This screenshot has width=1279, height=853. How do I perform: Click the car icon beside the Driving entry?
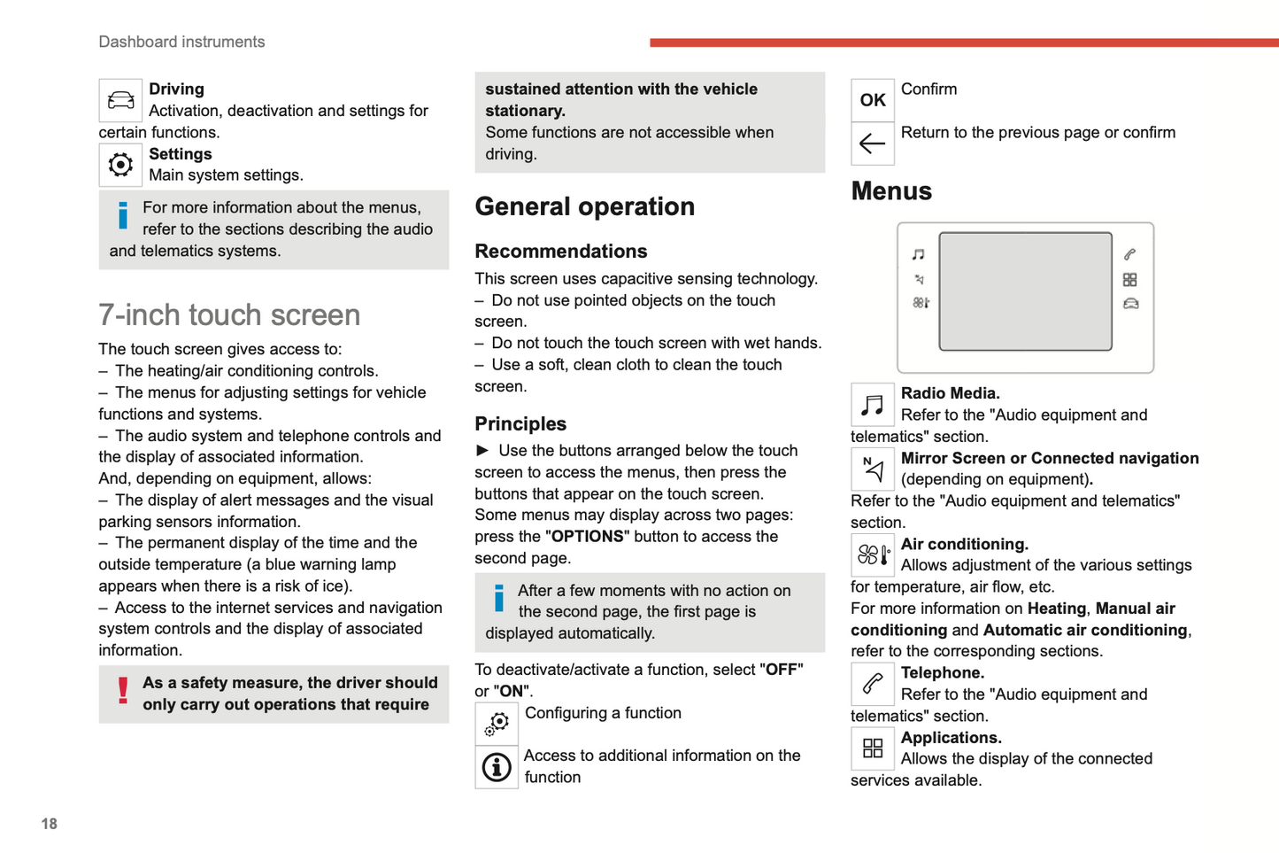(120, 100)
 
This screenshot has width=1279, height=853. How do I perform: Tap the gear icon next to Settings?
(120, 165)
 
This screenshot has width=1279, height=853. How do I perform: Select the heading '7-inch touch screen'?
(229, 314)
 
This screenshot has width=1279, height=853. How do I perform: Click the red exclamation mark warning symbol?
(123, 691)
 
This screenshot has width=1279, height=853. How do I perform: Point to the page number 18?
(49, 824)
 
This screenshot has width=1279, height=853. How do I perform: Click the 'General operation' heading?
(584, 206)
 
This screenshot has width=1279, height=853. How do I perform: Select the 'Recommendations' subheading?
(560, 251)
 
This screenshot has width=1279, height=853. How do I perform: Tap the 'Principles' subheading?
(520, 423)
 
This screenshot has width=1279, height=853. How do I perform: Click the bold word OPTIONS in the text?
(587, 537)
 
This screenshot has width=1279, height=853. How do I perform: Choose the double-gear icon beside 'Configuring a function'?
(497, 724)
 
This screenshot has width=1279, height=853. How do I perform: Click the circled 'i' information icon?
(497, 767)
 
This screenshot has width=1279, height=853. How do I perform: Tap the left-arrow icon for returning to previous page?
(872, 143)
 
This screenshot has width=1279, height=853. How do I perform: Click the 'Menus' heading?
(890, 191)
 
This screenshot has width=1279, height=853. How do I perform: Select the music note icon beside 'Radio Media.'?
(872, 405)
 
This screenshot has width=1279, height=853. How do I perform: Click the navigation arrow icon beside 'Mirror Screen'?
(872, 469)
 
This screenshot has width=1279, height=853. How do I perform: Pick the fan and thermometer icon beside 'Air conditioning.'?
(872, 555)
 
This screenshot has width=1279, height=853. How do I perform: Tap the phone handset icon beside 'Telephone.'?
(872, 684)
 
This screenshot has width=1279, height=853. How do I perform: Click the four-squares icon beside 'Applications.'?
(872, 748)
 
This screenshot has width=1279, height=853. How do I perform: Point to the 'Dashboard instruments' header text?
(181, 42)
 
